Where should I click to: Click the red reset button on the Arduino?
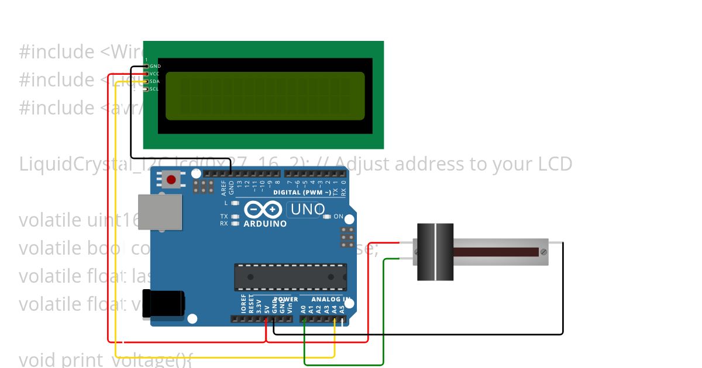(171, 179)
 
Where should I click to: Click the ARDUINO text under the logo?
(265, 224)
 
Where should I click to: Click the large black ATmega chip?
(290, 277)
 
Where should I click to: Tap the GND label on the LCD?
(155, 66)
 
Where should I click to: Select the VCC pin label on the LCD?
(155, 74)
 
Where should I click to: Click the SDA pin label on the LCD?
(155, 81)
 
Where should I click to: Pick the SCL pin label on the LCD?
(155, 89)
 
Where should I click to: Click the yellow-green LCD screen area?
(265, 95)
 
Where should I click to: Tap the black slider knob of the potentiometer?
(435, 252)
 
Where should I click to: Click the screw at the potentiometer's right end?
(544, 252)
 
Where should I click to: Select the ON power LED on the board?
(328, 216)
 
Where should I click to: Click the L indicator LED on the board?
(235, 203)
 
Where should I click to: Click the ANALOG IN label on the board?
(331, 299)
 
